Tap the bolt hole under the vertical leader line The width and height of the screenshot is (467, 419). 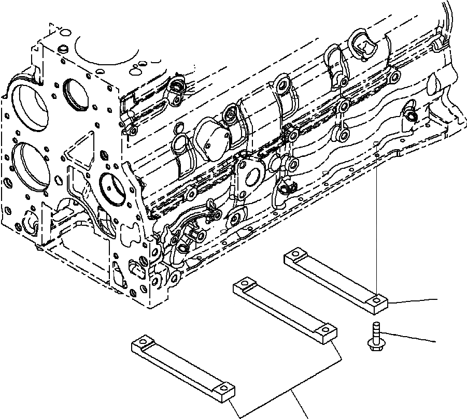pyautogui.click(x=376, y=299)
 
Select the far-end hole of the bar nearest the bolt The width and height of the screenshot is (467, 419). pyautogui.click(x=294, y=254)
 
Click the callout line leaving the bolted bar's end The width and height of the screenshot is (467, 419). pyautogui.click(x=415, y=300)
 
